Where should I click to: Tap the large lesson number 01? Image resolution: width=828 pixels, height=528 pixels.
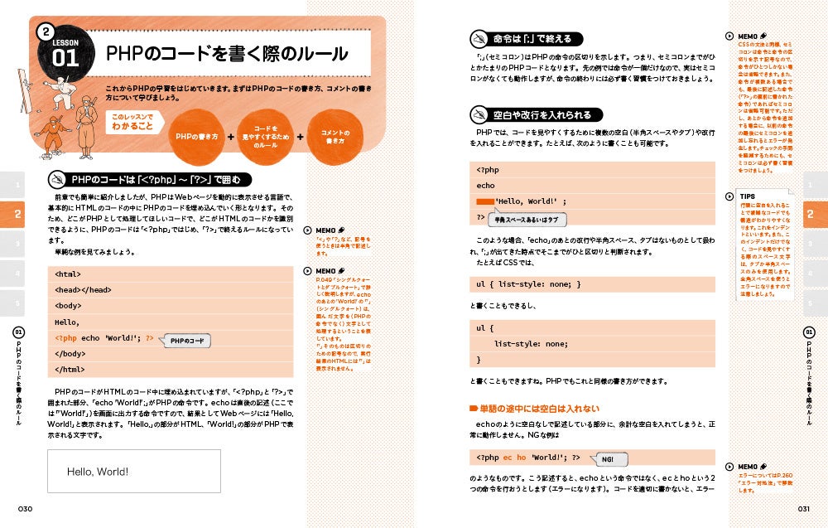click(65, 57)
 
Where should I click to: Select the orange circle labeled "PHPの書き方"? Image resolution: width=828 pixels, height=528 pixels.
click(197, 136)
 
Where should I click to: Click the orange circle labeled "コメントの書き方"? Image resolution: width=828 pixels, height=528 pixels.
click(335, 136)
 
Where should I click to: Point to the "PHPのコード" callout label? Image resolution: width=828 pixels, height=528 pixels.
click(186, 341)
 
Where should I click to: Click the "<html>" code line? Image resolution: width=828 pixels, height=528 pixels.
click(68, 274)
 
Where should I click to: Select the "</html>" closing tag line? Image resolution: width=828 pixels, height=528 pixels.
click(70, 370)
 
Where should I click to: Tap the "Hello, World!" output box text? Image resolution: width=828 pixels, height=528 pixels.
click(98, 472)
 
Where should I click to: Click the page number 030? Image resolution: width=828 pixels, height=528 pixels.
click(18, 508)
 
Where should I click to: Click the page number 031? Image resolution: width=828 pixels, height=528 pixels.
click(808, 508)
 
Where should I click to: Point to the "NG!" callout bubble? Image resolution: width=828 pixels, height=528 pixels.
click(607, 458)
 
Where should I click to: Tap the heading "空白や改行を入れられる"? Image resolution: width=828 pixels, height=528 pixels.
click(542, 114)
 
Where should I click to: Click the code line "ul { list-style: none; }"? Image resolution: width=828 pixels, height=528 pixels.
click(529, 284)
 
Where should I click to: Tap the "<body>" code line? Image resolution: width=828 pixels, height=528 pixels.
click(69, 306)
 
